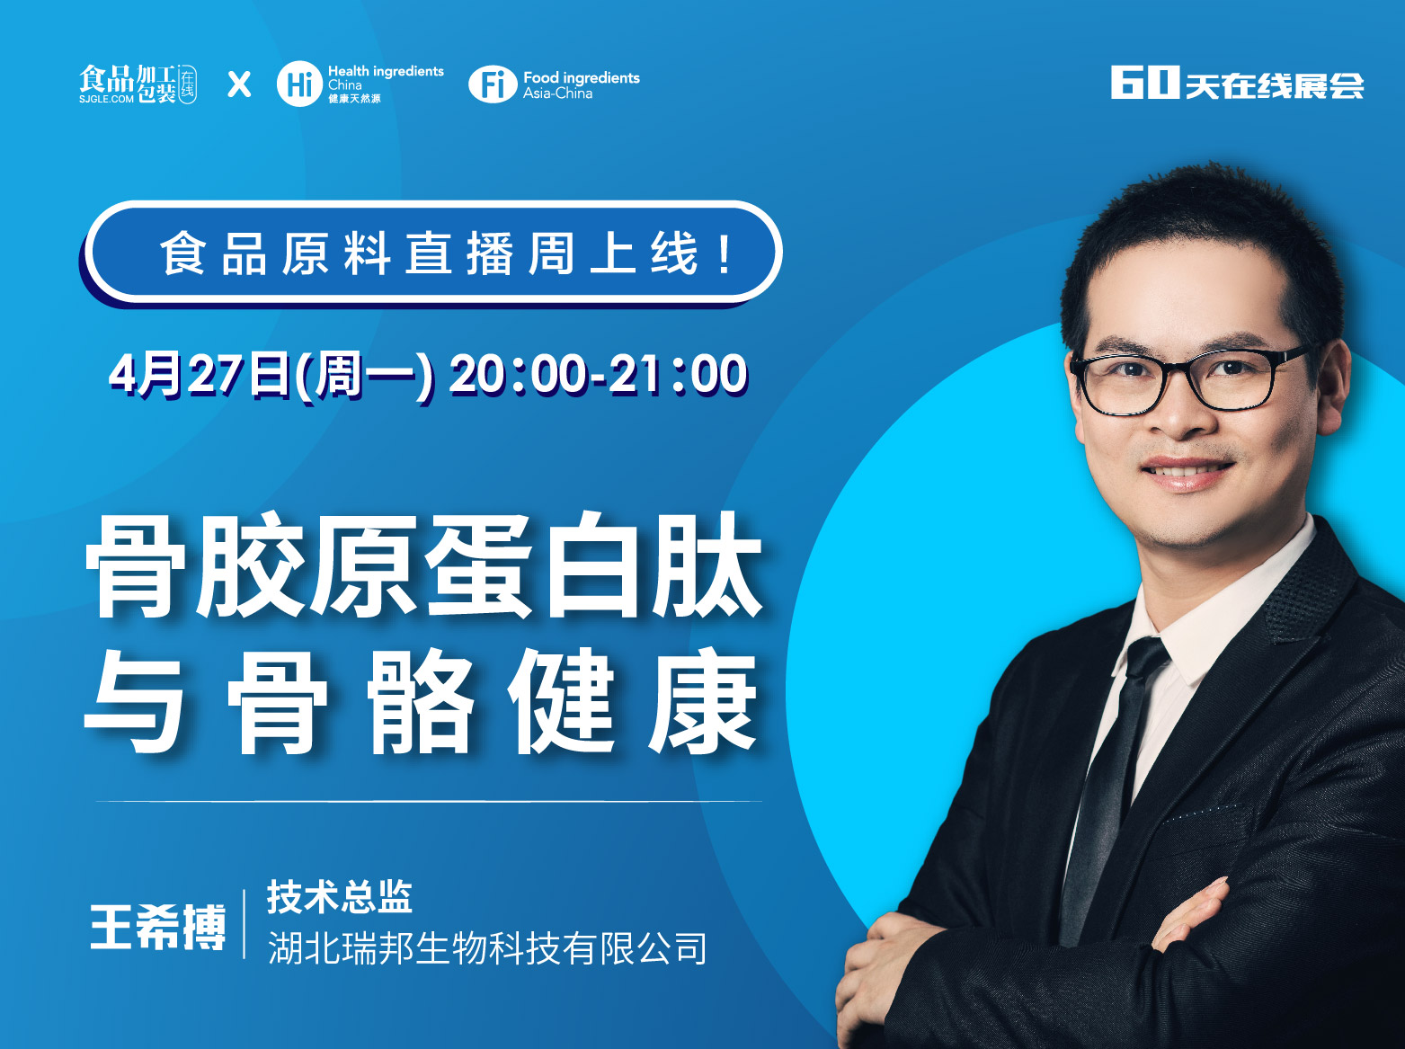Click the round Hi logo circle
(x=299, y=84)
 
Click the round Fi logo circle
(x=493, y=84)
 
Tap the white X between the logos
(x=239, y=84)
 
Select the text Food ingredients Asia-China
(x=582, y=85)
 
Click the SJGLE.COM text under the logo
(x=106, y=99)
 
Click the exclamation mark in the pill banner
(x=725, y=254)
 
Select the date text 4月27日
(x=199, y=375)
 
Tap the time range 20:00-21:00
(x=599, y=374)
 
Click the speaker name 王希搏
(x=158, y=927)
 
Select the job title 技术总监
(x=340, y=896)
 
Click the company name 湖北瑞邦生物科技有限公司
(x=487, y=948)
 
